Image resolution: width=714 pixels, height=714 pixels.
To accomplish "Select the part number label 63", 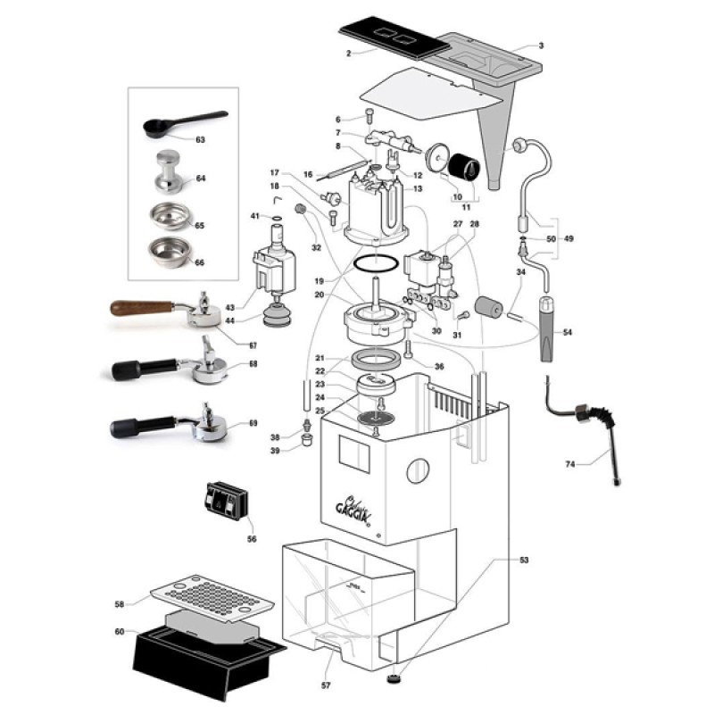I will tap(200, 140).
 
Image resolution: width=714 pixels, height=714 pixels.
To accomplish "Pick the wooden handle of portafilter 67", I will tap(143, 307).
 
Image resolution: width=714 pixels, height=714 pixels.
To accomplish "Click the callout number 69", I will tap(252, 423).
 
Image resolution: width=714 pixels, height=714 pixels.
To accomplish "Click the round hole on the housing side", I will tap(417, 472).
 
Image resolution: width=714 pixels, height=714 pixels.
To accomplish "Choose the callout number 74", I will tap(572, 464).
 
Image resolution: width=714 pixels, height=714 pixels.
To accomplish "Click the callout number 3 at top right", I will tap(541, 46).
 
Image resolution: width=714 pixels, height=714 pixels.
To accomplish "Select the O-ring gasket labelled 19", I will tap(373, 265).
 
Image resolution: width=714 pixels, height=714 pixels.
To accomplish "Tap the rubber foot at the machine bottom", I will tap(394, 680).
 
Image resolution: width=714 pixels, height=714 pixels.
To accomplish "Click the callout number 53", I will tap(524, 560).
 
